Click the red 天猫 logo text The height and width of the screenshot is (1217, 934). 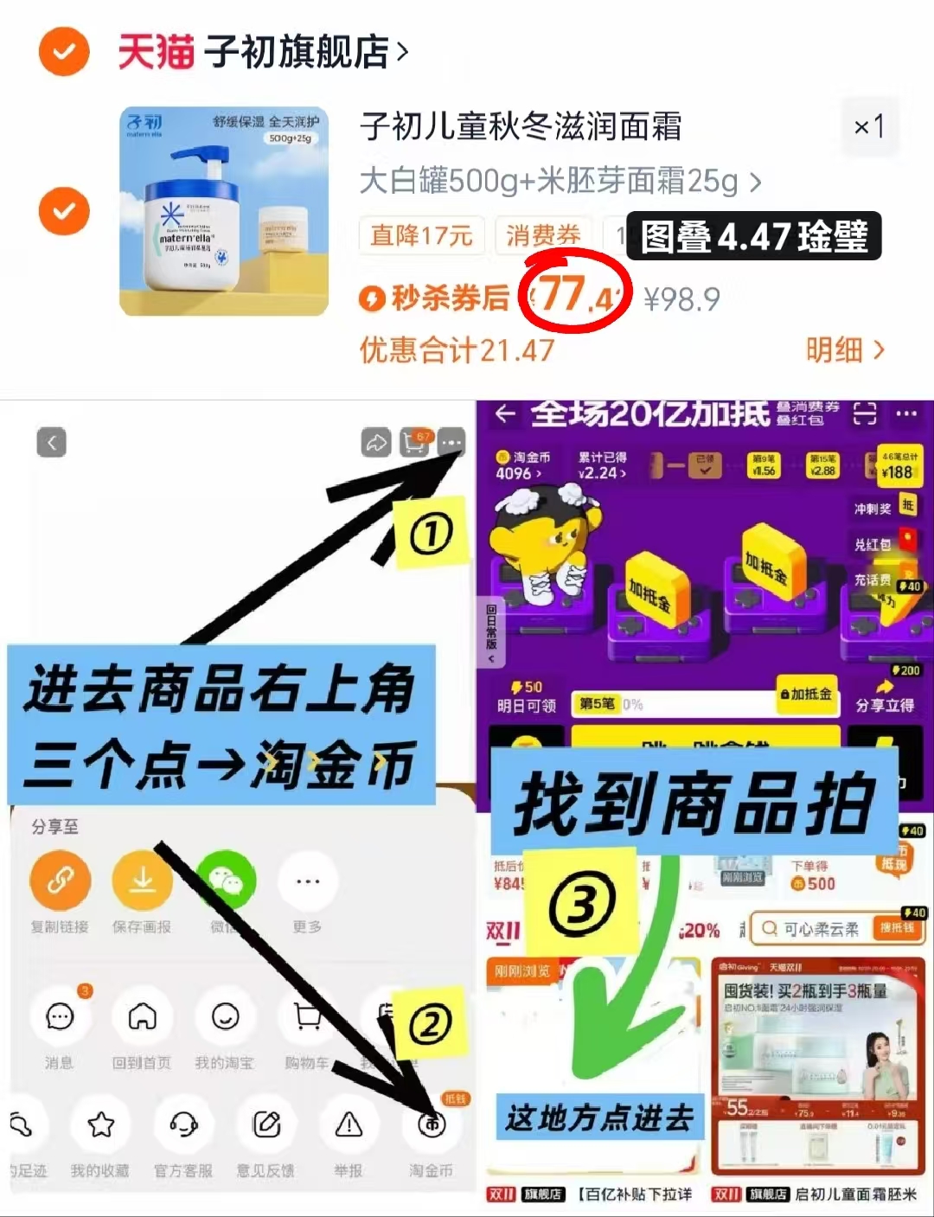pyautogui.click(x=156, y=52)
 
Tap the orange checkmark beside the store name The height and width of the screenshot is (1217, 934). pyautogui.click(x=64, y=52)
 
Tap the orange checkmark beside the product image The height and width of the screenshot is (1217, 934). pyautogui.click(x=64, y=211)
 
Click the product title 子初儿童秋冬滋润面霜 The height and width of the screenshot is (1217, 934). pyautogui.click(x=521, y=127)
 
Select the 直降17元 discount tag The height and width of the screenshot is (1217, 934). pyautogui.click(x=421, y=235)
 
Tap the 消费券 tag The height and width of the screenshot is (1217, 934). pyautogui.click(x=543, y=235)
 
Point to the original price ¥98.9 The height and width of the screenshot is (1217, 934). pyautogui.click(x=681, y=299)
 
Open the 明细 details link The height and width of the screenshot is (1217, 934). pyautogui.click(x=844, y=350)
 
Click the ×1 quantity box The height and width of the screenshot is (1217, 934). pyautogui.click(x=869, y=128)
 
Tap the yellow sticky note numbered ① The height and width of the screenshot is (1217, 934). pyautogui.click(x=431, y=534)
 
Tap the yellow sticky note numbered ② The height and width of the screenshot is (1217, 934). pyautogui.click(x=430, y=1025)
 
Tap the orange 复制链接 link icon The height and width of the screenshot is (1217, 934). pyautogui.click(x=60, y=881)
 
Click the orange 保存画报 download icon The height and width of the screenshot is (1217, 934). pyautogui.click(x=142, y=881)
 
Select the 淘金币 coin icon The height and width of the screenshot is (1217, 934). pyautogui.click(x=432, y=1124)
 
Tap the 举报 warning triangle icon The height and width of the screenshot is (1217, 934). pyautogui.click(x=349, y=1124)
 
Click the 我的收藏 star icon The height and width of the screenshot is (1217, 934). pyautogui.click(x=101, y=1124)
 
